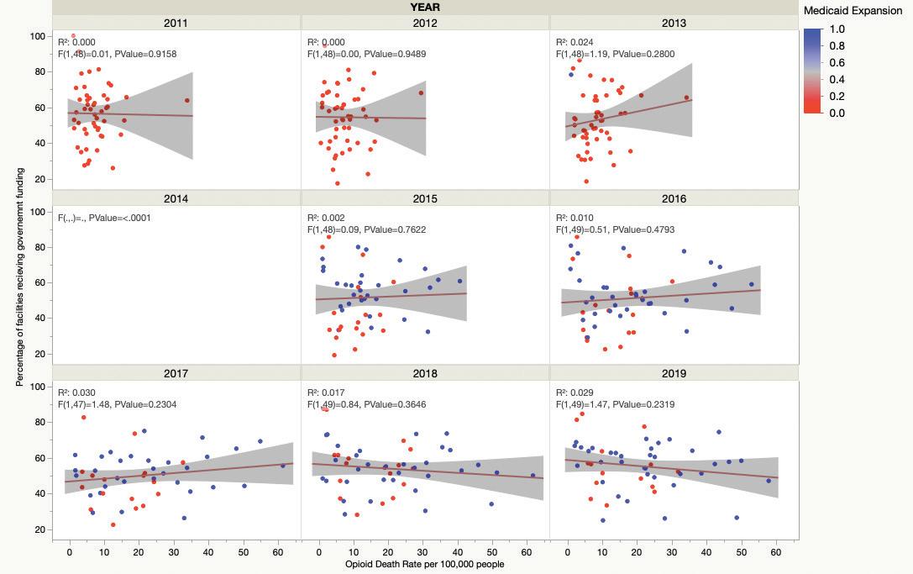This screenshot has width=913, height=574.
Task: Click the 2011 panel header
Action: (x=176, y=23)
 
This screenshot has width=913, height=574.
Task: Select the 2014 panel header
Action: (x=176, y=198)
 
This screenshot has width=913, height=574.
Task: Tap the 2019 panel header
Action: (x=674, y=373)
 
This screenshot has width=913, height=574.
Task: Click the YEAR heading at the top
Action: (x=425, y=7)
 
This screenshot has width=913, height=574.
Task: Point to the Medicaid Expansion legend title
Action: (x=853, y=11)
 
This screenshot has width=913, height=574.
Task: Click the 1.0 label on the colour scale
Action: (x=837, y=29)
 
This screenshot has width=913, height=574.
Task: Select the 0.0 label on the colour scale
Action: (x=837, y=113)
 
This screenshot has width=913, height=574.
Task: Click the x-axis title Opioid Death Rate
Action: (x=425, y=564)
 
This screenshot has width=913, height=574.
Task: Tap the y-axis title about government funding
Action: (x=19, y=277)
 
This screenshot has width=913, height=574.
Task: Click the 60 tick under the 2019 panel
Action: (x=775, y=552)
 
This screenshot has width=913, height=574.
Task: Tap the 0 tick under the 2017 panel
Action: (x=70, y=552)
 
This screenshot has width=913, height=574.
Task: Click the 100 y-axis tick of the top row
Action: (x=38, y=36)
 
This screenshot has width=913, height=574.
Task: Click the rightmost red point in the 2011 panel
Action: (x=187, y=101)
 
